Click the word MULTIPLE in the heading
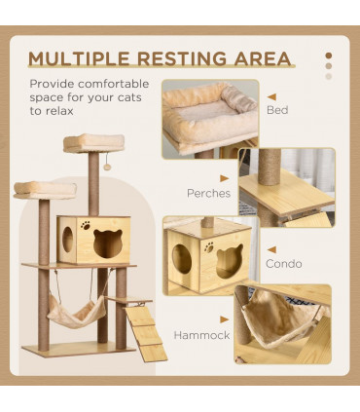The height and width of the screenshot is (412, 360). (x=80, y=57)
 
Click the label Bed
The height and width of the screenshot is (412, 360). (x=276, y=110)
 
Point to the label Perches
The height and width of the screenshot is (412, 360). (x=209, y=193)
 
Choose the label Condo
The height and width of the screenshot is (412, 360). (x=283, y=263)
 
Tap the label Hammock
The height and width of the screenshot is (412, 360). (x=201, y=334)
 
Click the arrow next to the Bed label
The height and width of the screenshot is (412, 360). (x=271, y=97)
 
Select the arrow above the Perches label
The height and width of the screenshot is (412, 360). (x=225, y=178)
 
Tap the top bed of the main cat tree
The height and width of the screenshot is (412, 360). (x=93, y=142)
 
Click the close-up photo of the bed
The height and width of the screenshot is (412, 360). (x=209, y=116)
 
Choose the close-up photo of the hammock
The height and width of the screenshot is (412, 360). (x=282, y=323)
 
